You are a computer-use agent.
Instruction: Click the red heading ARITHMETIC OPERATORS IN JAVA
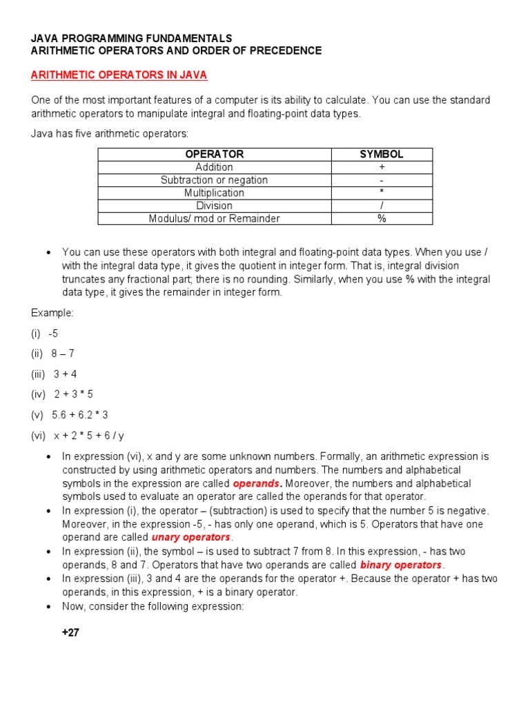(119, 75)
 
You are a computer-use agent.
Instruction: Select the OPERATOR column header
(215, 154)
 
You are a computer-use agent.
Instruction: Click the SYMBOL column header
(382, 154)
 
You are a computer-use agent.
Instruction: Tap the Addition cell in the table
(215, 167)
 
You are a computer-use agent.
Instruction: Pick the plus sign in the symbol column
(382, 167)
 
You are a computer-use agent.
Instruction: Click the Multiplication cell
(215, 193)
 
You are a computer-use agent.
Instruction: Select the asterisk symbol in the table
(382, 193)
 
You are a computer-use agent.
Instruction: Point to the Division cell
(215, 206)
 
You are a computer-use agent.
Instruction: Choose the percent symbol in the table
(382, 219)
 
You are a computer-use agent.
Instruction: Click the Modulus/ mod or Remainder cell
(215, 219)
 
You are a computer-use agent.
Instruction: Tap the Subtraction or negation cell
(215, 180)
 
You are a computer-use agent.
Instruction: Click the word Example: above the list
(52, 313)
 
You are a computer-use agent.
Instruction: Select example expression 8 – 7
(63, 353)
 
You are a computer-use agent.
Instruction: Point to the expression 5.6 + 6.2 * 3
(80, 415)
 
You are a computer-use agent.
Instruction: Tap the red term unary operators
(191, 537)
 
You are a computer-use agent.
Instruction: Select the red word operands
(257, 483)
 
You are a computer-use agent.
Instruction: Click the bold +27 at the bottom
(71, 632)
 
